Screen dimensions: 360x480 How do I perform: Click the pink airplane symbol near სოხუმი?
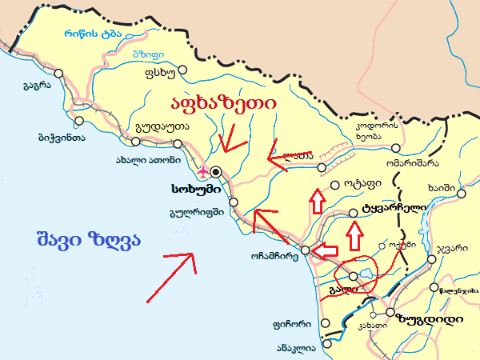coord(202,171)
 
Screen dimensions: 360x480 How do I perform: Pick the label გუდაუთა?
coord(162,126)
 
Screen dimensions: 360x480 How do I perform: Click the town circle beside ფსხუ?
coord(182,70)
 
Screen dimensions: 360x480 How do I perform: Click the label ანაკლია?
coord(296,348)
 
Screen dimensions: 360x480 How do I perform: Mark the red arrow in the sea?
coord(170,277)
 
